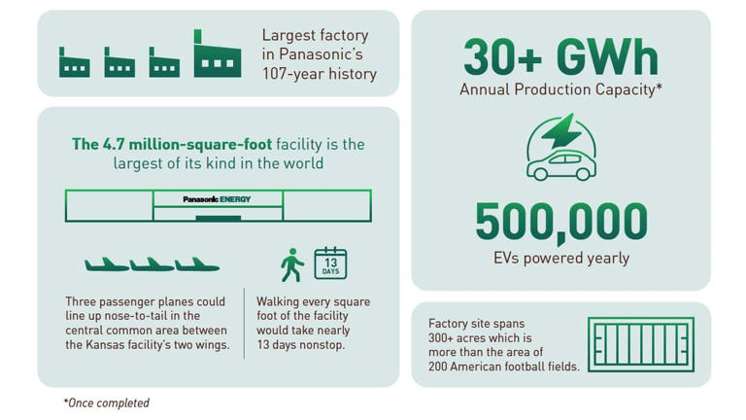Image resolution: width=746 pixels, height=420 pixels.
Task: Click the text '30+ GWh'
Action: tap(560, 57)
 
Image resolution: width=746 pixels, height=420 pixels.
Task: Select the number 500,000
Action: tap(560, 223)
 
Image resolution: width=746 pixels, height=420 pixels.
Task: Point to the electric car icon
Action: tap(560, 164)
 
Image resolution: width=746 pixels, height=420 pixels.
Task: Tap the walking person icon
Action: tap(291, 264)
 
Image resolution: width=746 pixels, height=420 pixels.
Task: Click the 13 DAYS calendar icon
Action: tap(330, 263)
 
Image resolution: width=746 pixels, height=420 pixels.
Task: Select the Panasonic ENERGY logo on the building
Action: tap(218, 199)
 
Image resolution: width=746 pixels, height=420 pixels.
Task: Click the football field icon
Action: tap(640, 344)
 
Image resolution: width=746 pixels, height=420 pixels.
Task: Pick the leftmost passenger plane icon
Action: tap(106, 264)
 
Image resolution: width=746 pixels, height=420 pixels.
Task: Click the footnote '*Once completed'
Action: tap(106, 402)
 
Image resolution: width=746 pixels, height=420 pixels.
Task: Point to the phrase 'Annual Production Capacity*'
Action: tap(560, 90)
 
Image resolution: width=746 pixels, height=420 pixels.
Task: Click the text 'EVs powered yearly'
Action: tap(560, 259)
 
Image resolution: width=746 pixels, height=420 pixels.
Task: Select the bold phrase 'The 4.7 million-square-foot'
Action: tap(171, 144)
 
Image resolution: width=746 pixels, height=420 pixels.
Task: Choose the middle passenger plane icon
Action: tap(152, 264)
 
